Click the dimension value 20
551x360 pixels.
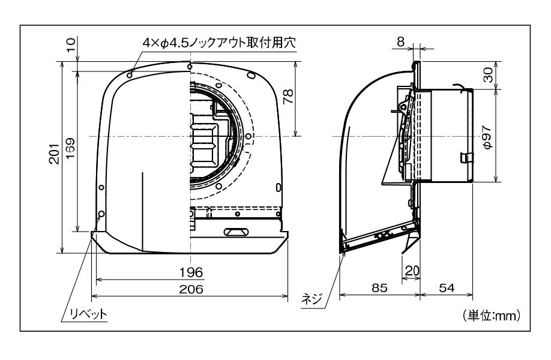coord(411,271)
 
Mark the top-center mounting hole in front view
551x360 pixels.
coord(190,66)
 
